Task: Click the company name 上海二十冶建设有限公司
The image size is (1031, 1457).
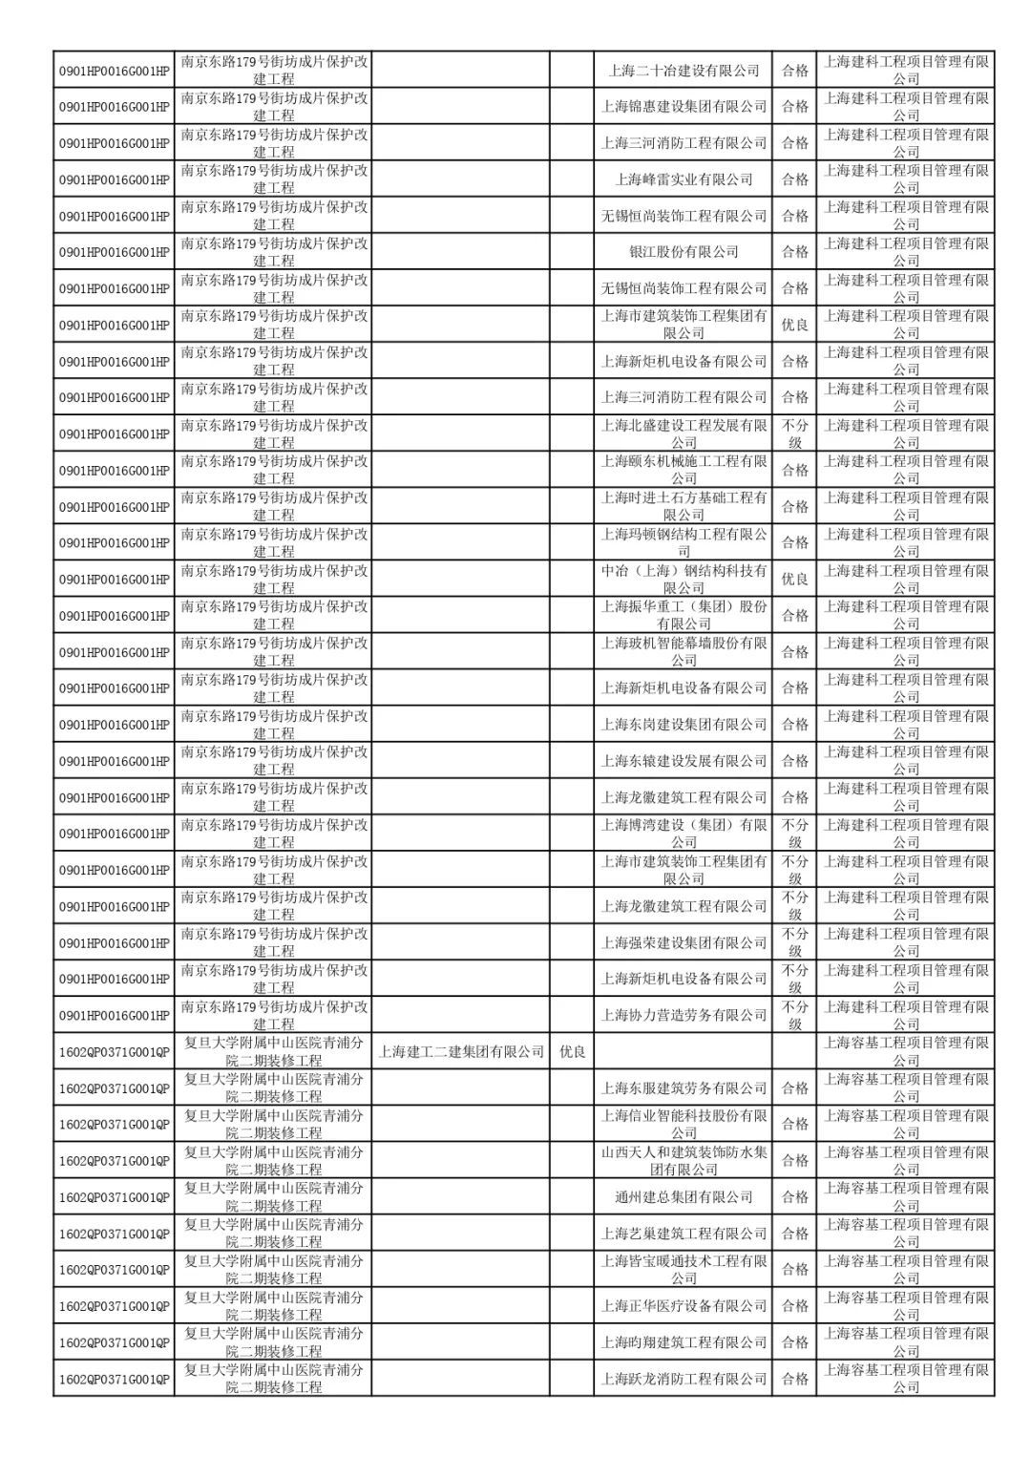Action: point(684,70)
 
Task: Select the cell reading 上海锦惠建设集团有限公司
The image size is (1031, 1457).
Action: point(684,106)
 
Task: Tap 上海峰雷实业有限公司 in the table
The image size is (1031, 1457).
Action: point(684,179)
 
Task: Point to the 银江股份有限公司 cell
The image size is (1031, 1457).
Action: point(684,251)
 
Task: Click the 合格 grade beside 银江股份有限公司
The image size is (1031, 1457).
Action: point(794,251)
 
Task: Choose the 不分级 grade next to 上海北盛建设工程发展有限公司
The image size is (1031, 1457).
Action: point(794,433)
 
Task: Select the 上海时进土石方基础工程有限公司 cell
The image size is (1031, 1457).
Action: point(684,506)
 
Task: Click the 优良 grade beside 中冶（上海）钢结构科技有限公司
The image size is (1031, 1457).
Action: point(794,579)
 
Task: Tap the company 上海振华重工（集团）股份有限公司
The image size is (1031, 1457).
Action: point(684,615)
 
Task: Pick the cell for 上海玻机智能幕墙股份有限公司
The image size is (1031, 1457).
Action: point(684,651)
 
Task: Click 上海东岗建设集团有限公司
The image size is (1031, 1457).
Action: point(684,724)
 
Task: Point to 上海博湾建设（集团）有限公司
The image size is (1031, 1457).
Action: point(684,833)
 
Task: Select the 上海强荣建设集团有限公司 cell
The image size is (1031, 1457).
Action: point(684,942)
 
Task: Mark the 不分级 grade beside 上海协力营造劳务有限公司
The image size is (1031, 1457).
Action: point(794,1015)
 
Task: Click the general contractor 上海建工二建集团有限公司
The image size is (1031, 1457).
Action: point(461,1051)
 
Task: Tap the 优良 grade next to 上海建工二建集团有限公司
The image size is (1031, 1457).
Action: point(572,1051)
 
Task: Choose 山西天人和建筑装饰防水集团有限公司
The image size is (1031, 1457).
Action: point(684,1160)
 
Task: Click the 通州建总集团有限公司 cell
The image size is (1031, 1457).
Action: point(684,1196)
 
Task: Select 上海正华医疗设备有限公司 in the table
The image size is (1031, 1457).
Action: point(684,1305)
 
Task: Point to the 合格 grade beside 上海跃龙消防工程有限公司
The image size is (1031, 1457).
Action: point(794,1378)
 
